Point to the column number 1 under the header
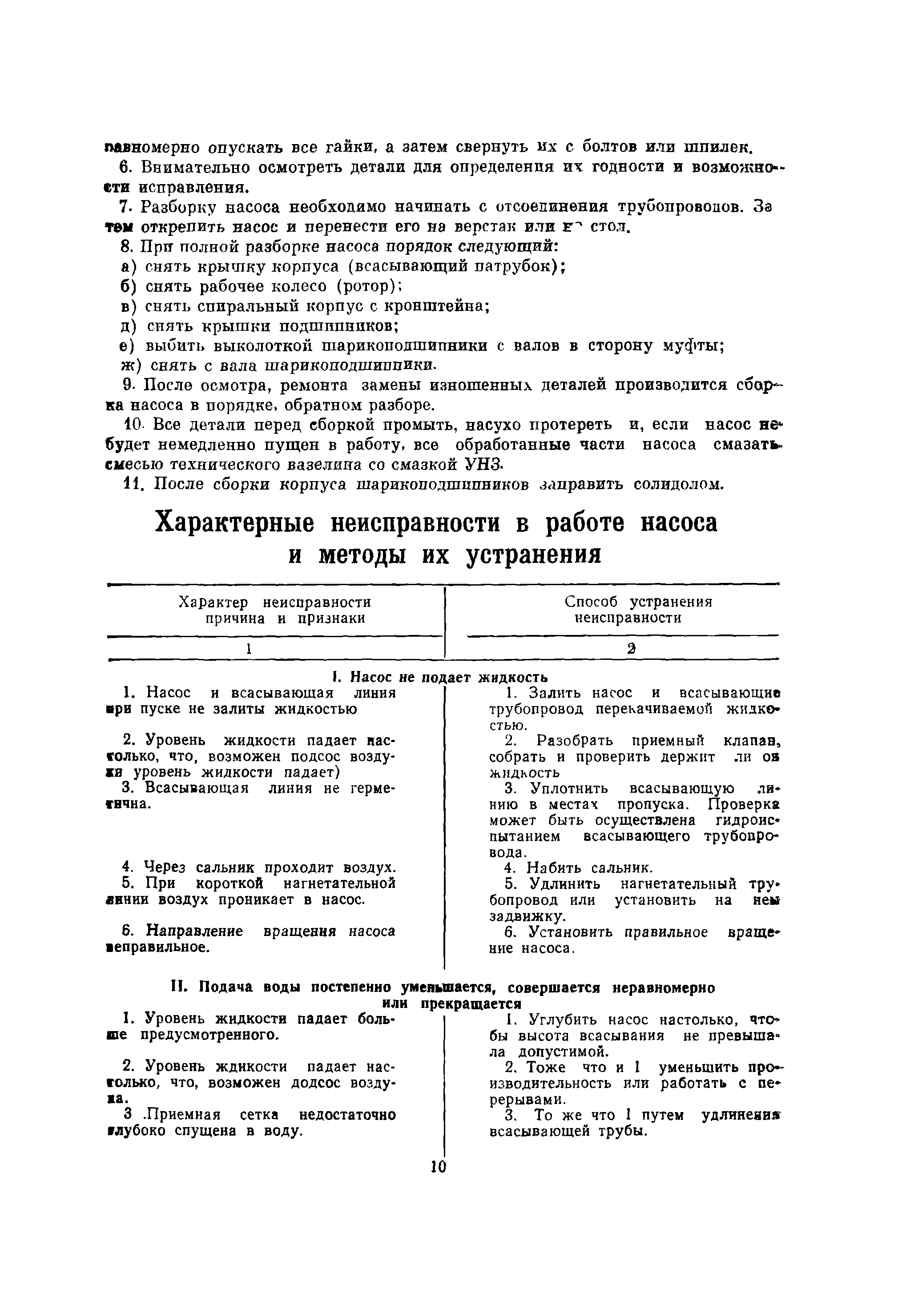coord(248,649)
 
